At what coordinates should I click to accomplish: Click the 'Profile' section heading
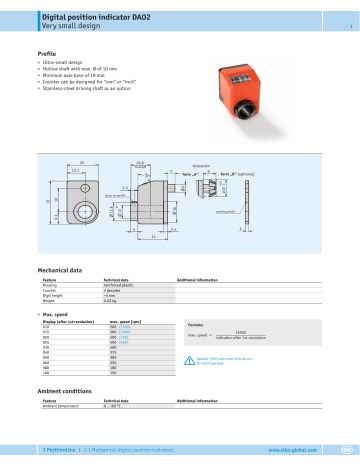pyautogui.click(x=48, y=52)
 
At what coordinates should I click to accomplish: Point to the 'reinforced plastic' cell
pyautogui.click(x=123, y=285)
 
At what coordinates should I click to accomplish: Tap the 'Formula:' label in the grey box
pyautogui.click(x=197, y=325)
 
